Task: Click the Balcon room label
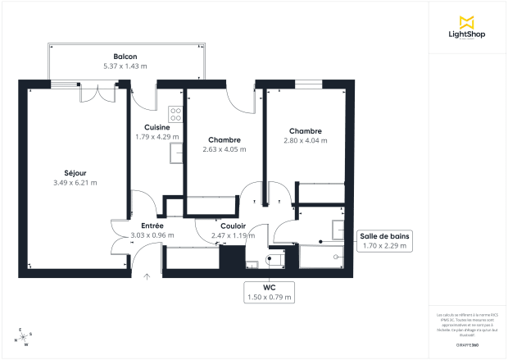click(125, 56)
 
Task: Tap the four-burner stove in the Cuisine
click(175, 114)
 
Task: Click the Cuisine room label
click(156, 127)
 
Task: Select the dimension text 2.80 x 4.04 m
click(305, 141)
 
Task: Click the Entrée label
click(152, 226)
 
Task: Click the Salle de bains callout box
click(384, 240)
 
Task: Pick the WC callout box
click(270, 292)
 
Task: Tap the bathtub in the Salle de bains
click(324, 257)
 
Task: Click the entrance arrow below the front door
click(147, 276)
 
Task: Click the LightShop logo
click(468, 28)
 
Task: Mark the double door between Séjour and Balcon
click(91, 92)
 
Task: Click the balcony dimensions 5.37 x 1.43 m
click(125, 66)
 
